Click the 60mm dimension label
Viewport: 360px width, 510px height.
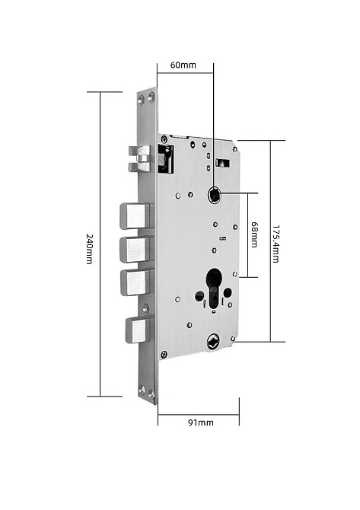pyautogui.click(x=183, y=65)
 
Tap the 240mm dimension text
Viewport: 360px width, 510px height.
pyautogui.click(x=90, y=249)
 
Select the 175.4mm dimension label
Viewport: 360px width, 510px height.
pyautogui.click(x=276, y=244)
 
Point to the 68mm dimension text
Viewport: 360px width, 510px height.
pyautogui.click(x=254, y=234)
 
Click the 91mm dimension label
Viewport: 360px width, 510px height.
pyautogui.click(x=201, y=422)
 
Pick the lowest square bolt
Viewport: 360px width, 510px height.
pyautogui.click(x=139, y=330)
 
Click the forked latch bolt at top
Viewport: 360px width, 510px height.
pyautogui.click(x=140, y=159)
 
